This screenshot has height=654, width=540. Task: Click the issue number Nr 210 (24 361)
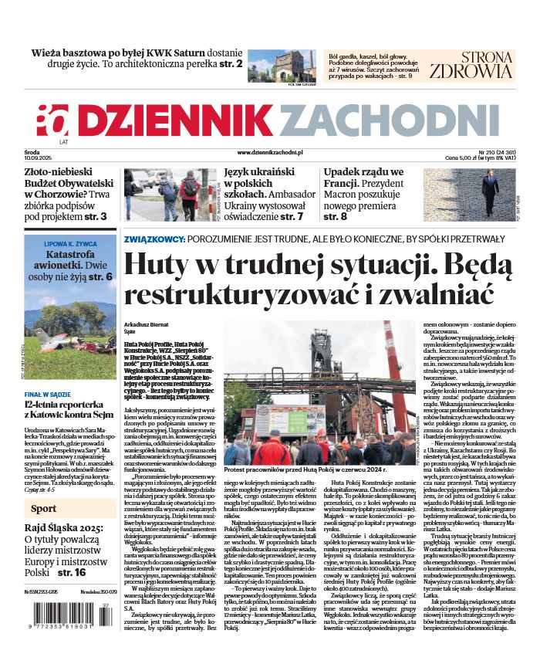pos(486,154)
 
